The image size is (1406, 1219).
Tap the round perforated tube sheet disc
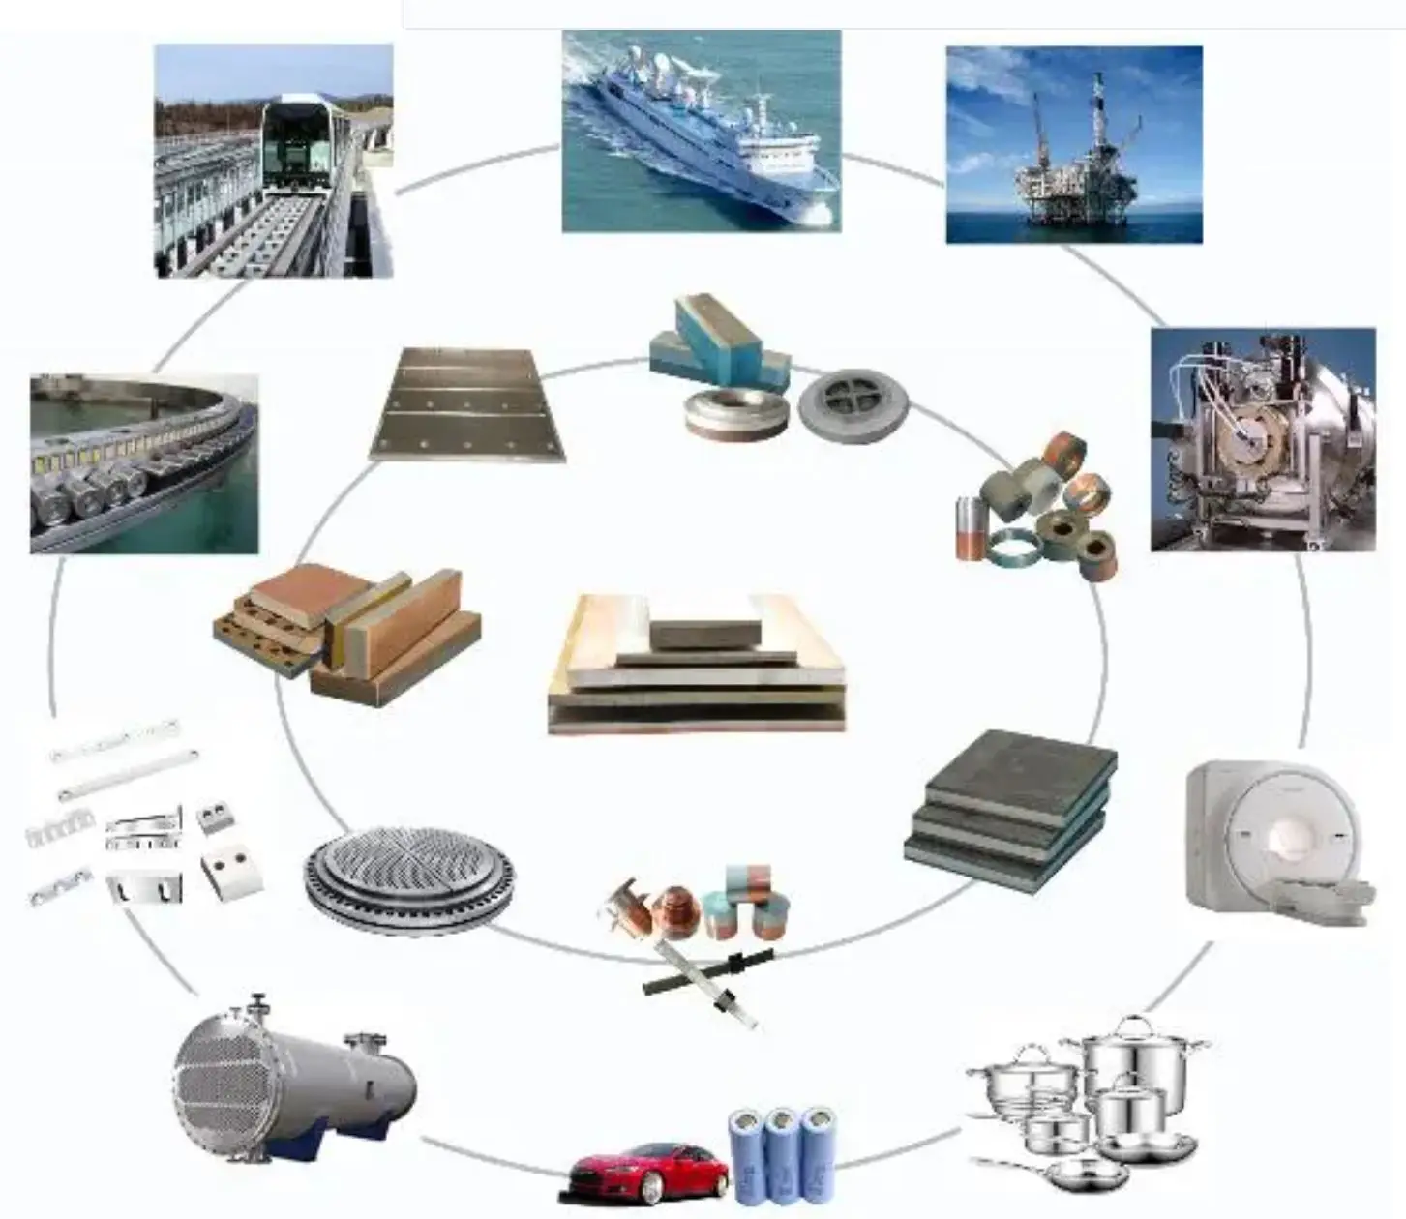pyautogui.click(x=408, y=880)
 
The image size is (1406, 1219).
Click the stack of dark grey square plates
pyautogui.click(x=1011, y=809)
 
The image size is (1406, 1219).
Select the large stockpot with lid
pyautogui.click(x=1132, y=1059)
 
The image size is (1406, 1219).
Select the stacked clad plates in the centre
pyautogui.click(x=698, y=668)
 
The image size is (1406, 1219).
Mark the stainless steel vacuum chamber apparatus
pyautogui.click(x=1262, y=441)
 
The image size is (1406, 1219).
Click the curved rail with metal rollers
pyautogui.click(x=145, y=464)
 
